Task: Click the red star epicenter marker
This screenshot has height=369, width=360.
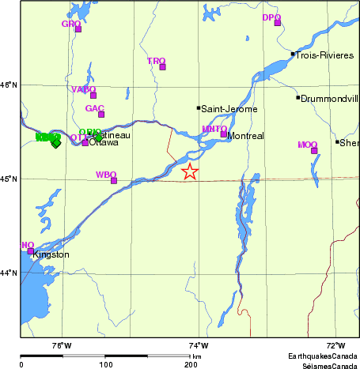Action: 189,171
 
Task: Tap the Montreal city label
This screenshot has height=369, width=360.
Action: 245,136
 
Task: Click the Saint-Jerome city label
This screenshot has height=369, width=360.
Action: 229,108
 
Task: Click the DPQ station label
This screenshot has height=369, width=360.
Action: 271,17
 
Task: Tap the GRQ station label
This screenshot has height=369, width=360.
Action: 71,24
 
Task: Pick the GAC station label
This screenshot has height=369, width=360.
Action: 95,108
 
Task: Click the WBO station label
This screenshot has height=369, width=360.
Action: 106,174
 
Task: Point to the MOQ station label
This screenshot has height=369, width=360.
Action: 307,145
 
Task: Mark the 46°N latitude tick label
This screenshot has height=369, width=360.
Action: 9,85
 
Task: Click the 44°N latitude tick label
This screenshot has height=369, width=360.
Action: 9,273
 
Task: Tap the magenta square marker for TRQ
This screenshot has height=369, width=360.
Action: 163,66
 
